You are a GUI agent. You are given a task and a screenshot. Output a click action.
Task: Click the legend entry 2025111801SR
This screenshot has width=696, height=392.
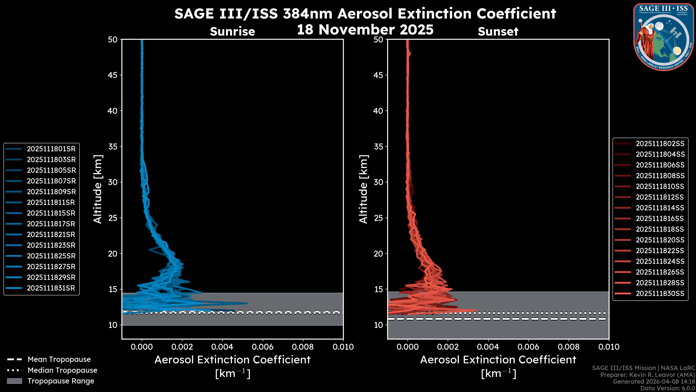pyautogui.click(x=51, y=149)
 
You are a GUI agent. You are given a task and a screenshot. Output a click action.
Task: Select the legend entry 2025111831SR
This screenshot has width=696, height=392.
pyautogui.click(x=51, y=288)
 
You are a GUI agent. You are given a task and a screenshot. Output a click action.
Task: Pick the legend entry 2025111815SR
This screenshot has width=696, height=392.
pyautogui.click(x=51, y=213)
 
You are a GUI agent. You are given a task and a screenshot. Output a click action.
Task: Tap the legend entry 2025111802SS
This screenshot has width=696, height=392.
pyautogui.click(x=660, y=144)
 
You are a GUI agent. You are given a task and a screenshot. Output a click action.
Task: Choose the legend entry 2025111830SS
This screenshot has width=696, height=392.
pyautogui.click(x=660, y=293)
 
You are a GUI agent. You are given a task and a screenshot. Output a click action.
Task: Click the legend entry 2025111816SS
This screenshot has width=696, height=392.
pyautogui.click(x=660, y=219)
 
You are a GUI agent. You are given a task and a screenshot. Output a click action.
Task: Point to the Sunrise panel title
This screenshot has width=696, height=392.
pyautogui.click(x=232, y=32)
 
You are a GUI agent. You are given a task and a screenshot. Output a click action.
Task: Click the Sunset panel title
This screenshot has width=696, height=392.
pyautogui.click(x=498, y=32)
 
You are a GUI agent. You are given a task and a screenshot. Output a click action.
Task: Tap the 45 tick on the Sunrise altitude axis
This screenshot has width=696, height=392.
pyautogui.click(x=113, y=75)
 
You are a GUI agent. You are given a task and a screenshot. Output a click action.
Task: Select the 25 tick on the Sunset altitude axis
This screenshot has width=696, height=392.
pyautogui.click(x=378, y=218)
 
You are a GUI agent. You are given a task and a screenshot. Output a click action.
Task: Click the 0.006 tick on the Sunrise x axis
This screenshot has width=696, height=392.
pyautogui.click(x=263, y=347)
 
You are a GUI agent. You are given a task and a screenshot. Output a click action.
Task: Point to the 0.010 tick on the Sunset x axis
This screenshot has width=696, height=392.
pyautogui.click(x=609, y=347)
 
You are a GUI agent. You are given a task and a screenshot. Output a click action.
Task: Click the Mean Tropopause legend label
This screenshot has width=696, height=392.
pyautogui.click(x=59, y=360)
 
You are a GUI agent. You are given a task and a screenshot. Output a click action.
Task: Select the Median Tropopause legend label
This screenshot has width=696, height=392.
pyautogui.click(x=62, y=370)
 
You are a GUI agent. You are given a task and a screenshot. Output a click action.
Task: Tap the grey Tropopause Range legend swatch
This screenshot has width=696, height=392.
pyautogui.click(x=14, y=381)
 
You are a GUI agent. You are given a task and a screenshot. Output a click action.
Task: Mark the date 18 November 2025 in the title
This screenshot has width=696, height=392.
pyautogui.click(x=365, y=30)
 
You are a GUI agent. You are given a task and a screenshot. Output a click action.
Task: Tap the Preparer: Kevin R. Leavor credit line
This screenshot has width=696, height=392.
pyautogui.click(x=647, y=375)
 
